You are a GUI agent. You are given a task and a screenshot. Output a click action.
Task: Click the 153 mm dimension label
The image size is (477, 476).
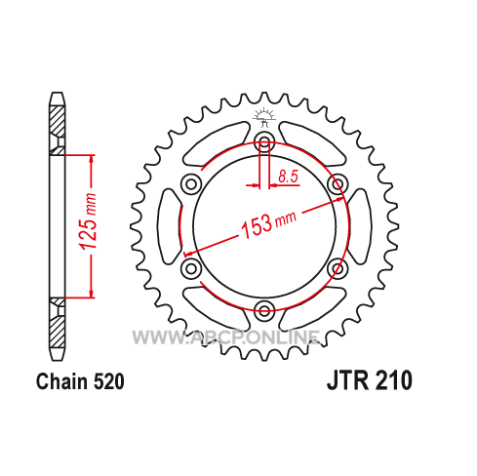(x=268, y=224)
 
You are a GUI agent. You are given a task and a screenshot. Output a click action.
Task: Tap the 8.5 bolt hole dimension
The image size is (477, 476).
(x=288, y=177)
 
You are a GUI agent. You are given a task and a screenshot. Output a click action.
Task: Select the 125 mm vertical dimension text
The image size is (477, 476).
(x=89, y=221)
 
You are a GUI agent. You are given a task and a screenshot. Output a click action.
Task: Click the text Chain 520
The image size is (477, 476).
(x=80, y=381)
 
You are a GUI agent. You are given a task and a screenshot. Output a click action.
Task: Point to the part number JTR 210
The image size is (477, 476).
(x=370, y=380)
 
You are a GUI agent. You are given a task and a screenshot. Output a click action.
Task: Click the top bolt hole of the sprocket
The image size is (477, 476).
(x=264, y=141)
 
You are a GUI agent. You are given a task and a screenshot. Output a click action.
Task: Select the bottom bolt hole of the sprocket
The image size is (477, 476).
(x=264, y=309)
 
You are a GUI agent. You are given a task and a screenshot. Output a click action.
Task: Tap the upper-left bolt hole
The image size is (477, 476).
(x=191, y=184)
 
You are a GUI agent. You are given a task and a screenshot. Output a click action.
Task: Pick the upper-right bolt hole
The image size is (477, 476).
(x=338, y=184)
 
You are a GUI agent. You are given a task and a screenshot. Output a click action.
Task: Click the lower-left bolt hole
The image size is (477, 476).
(x=191, y=268)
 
